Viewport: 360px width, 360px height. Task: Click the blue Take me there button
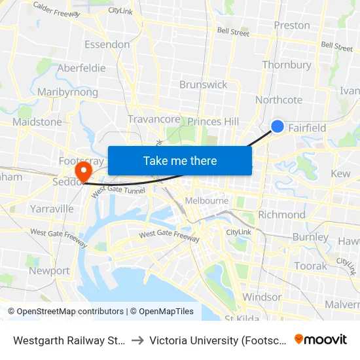coord(180,160)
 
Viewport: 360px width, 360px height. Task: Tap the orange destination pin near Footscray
coord(83,172)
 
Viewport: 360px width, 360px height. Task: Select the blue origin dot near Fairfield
coord(278,126)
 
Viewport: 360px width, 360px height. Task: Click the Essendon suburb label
coord(107,45)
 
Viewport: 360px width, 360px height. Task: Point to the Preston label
coord(292,26)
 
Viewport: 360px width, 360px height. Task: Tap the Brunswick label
coord(204,84)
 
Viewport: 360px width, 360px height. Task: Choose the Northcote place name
coord(279,99)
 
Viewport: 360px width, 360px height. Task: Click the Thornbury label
coord(287,65)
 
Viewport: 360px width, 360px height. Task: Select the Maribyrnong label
coord(68,92)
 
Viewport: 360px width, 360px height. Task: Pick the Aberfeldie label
coord(81,68)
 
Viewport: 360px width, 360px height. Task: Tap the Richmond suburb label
coord(281,215)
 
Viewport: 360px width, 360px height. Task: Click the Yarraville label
coord(52,209)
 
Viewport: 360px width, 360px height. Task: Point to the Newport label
coord(49,270)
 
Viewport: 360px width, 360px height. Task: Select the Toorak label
coord(310,266)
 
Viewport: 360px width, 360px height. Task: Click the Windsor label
coord(261,297)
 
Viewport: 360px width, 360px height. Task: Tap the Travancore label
coord(154,119)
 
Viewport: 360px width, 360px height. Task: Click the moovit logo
coord(321,339)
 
